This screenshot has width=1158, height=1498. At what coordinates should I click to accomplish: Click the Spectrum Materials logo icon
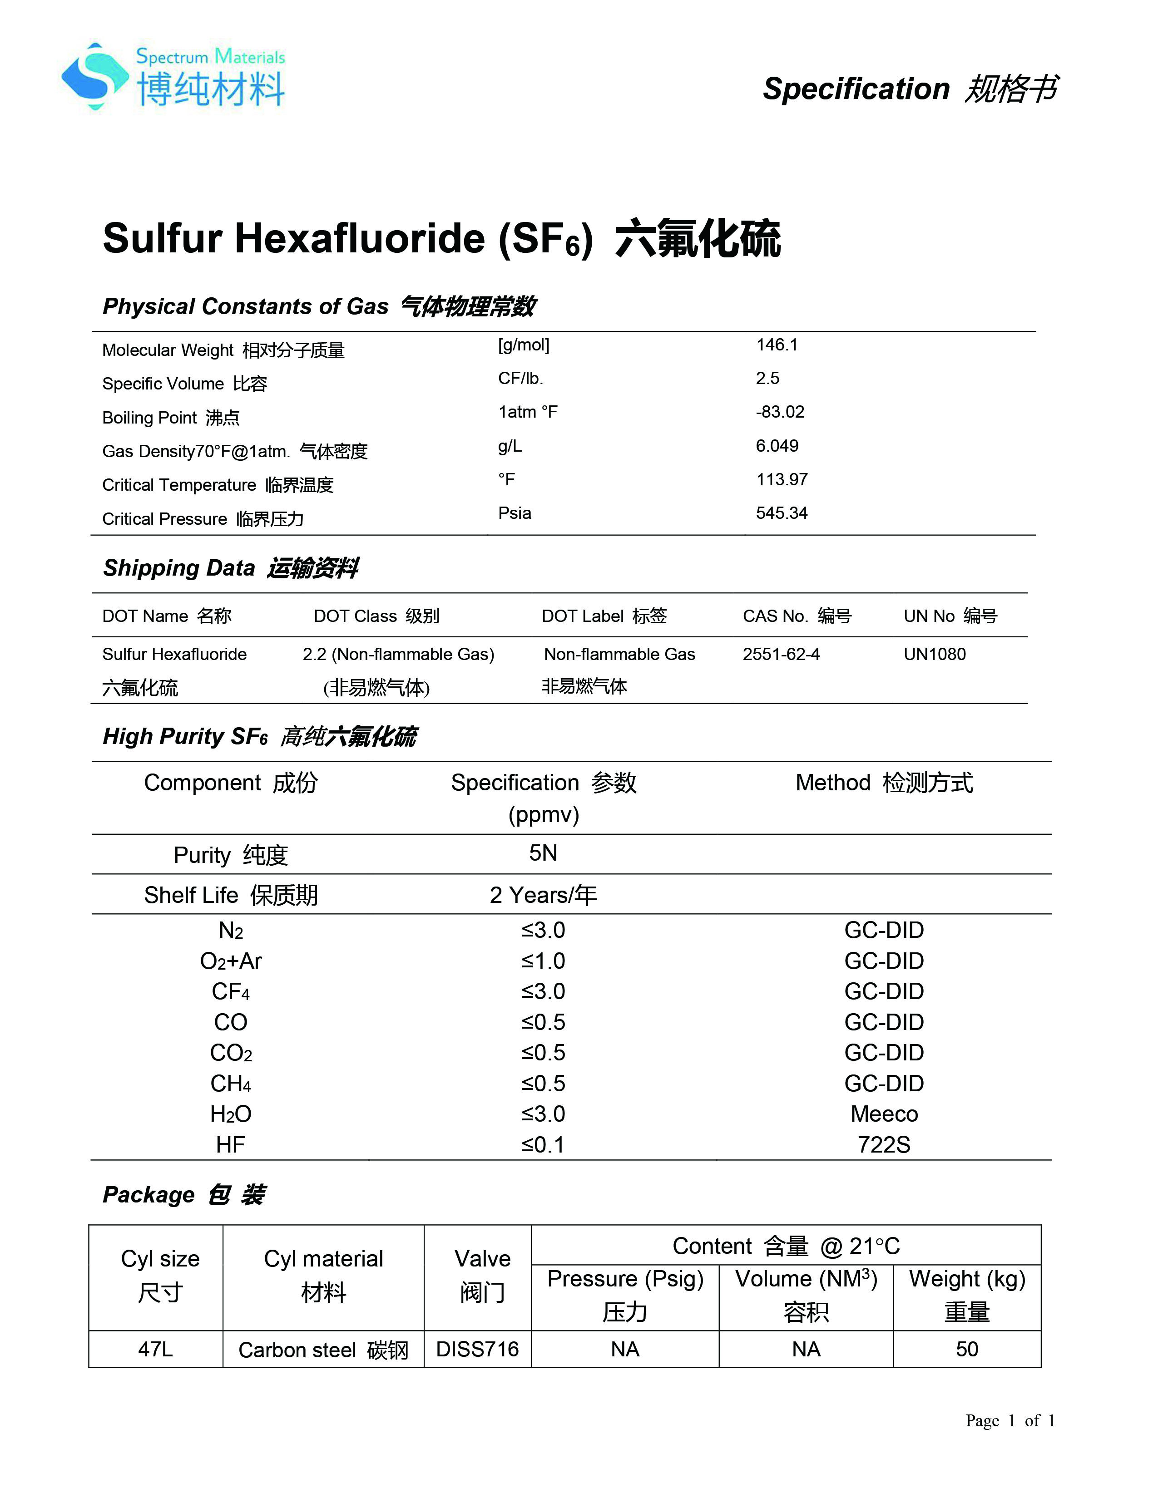pyautogui.click(x=94, y=76)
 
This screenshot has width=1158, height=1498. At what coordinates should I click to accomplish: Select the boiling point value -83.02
pyautogui.click(x=780, y=412)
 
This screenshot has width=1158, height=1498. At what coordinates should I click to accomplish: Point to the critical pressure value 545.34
pyautogui.click(x=782, y=513)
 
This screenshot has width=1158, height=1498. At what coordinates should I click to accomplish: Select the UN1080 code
pyautogui.click(x=935, y=654)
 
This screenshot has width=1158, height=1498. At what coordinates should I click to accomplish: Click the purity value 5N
pyautogui.click(x=543, y=853)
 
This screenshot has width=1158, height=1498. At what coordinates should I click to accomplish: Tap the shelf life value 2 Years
pyautogui.click(x=543, y=895)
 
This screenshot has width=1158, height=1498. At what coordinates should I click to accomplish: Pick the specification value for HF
pyautogui.click(x=543, y=1145)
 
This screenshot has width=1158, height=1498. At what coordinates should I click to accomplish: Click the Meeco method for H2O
pyautogui.click(x=884, y=1114)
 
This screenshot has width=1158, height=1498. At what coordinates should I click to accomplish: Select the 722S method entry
pyautogui.click(x=884, y=1145)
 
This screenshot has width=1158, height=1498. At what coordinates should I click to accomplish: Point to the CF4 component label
pyautogui.click(x=231, y=992)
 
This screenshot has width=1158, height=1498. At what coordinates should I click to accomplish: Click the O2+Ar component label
pyautogui.click(x=231, y=961)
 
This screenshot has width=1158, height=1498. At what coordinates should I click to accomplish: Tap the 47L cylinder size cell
pyautogui.click(x=156, y=1349)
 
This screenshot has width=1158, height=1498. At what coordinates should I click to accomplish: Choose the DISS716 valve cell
pyautogui.click(x=477, y=1349)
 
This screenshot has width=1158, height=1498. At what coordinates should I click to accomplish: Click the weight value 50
pyautogui.click(x=967, y=1349)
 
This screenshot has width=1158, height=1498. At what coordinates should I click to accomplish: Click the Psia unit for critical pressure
pyautogui.click(x=515, y=513)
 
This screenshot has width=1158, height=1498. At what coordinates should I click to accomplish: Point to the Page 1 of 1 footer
pyautogui.click(x=1010, y=1420)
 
